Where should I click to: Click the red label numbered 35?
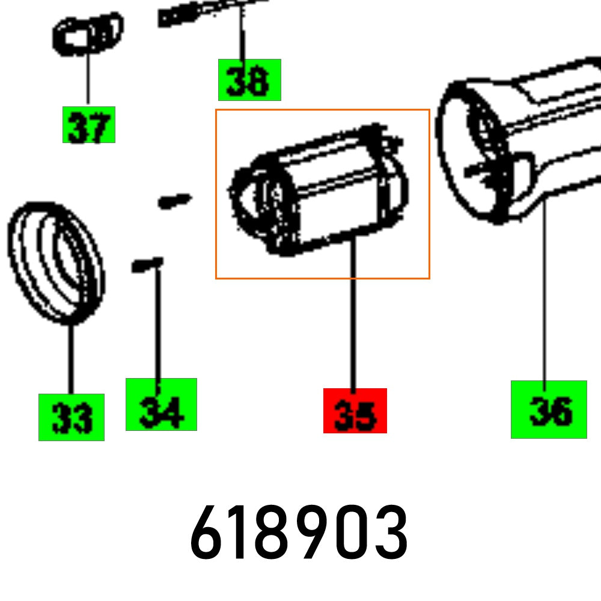(355, 410)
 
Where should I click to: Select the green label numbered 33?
(71, 417)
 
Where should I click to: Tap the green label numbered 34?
(161, 404)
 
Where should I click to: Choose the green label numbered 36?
(548, 409)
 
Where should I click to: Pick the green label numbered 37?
(88, 124)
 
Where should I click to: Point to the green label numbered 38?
(249, 80)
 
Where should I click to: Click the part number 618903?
(299, 533)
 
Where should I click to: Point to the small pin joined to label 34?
(147, 264)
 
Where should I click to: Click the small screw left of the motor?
(174, 200)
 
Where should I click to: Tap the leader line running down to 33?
(71, 361)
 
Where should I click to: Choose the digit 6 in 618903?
(206, 533)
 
